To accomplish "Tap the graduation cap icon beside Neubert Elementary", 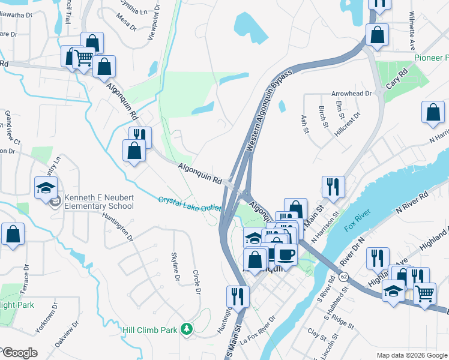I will pos(46,188).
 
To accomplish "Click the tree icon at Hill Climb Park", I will pos(187,328).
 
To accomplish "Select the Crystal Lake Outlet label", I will pos(189,204).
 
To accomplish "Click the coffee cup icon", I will pos(286,254).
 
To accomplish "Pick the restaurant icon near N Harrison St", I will pos(333,186).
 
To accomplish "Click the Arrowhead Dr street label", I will pos(352,94).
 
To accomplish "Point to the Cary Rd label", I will pos(397,79).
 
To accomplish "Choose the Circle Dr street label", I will pos(196,282).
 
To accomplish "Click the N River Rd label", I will pos(412,202).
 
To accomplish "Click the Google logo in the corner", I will pos(19,353).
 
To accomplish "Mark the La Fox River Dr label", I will pos(258,330).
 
